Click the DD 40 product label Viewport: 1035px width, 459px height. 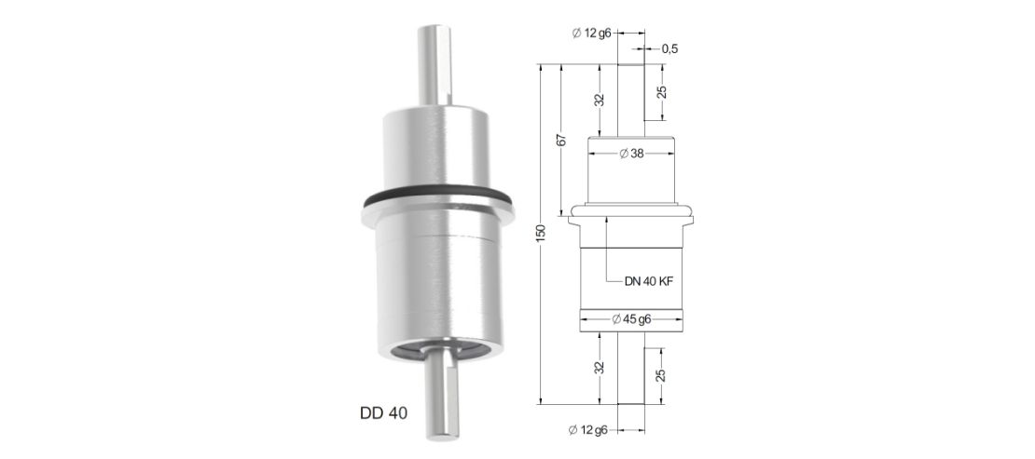tap(383, 413)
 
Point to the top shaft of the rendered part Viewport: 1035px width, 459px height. tap(435, 64)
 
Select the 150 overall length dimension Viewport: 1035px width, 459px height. tap(541, 234)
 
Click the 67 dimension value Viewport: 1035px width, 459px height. tap(561, 140)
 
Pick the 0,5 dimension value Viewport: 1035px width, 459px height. tap(669, 48)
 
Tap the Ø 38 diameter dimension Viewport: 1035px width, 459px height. tap(631, 154)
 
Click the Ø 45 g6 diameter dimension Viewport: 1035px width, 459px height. tap(631, 320)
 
